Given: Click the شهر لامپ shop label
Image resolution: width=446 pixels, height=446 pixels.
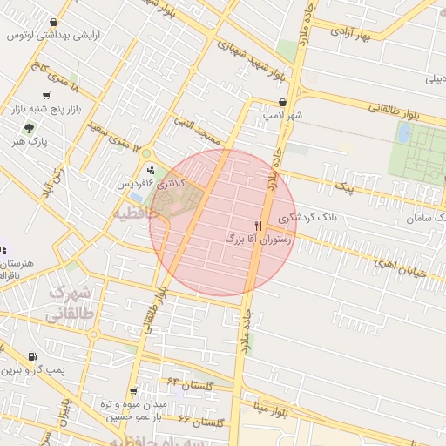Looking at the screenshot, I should coord(284,115).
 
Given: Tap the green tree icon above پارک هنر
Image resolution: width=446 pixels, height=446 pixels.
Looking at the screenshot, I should coord(30,127).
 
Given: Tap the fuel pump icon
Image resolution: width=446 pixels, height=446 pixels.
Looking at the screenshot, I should coord(32,356).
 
